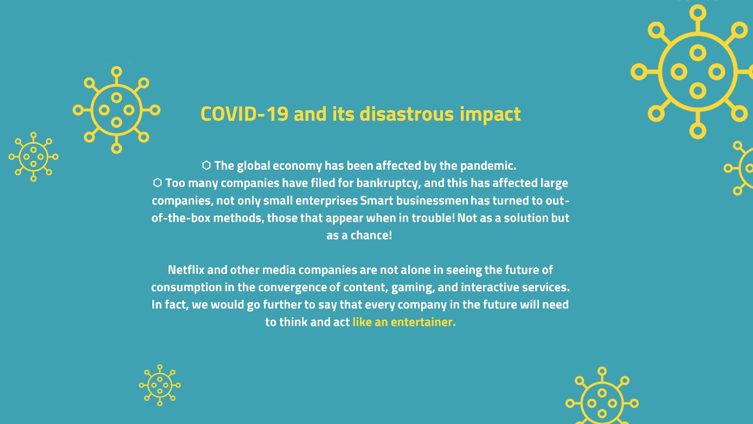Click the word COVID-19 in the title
pos(244,114)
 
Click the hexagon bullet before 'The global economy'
pos(206,165)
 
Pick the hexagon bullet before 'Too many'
pos(157,183)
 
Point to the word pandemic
pos(488,166)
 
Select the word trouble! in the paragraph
pos(433,218)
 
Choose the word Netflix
pos(186,269)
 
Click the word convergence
pos(292,288)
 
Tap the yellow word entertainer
pos(423,322)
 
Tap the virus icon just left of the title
pos(117,110)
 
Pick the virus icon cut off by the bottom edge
pos(602,395)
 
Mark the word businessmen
pos(432,201)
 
